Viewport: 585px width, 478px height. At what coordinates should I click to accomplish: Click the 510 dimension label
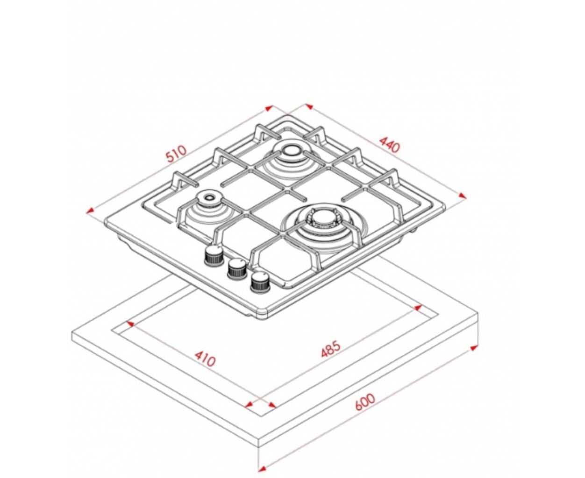pos(177,153)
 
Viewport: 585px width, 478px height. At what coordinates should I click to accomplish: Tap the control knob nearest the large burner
pos(260,282)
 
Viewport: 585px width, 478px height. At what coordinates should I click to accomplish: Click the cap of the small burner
pos(209,197)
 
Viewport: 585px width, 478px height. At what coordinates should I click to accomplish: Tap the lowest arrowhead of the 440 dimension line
pos(462,196)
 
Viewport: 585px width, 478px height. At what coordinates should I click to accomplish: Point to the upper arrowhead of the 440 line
pos(310,106)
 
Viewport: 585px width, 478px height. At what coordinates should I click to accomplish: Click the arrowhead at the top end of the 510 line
pos(269,108)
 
